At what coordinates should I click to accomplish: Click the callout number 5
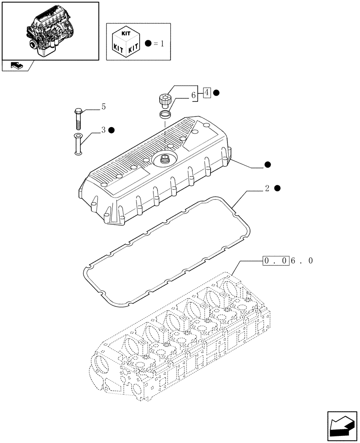(103, 106)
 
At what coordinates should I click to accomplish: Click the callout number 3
(103, 130)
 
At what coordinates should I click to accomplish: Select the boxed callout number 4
(207, 93)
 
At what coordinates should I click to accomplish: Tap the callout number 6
(194, 95)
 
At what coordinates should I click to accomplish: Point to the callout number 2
(267, 188)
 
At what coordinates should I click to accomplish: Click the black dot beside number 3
(112, 130)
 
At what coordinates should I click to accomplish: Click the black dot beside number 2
(277, 188)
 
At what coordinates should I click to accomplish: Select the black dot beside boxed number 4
(216, 93)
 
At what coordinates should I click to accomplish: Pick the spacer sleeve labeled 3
(78, 144)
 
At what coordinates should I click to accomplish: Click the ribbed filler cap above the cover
(164, 100)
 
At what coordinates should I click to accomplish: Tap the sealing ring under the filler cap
(164, 115)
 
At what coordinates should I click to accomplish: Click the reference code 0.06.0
(288, 261)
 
